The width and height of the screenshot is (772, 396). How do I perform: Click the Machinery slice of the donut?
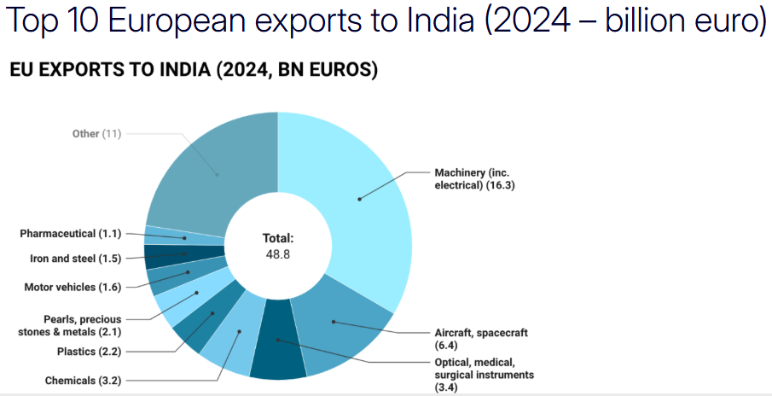[x=358, y=198]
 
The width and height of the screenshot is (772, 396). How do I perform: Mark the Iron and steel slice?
[x=183, y=254]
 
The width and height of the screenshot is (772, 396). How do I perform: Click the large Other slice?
[x=213, y=171]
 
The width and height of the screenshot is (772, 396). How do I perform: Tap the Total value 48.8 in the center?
[x=277, y=254]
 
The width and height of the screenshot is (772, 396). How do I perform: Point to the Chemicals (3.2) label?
[x=84, y=381]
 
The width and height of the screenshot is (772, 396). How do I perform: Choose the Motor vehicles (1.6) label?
[x=72, y=287]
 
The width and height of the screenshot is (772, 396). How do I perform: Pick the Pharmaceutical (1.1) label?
[x=71, y=233]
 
